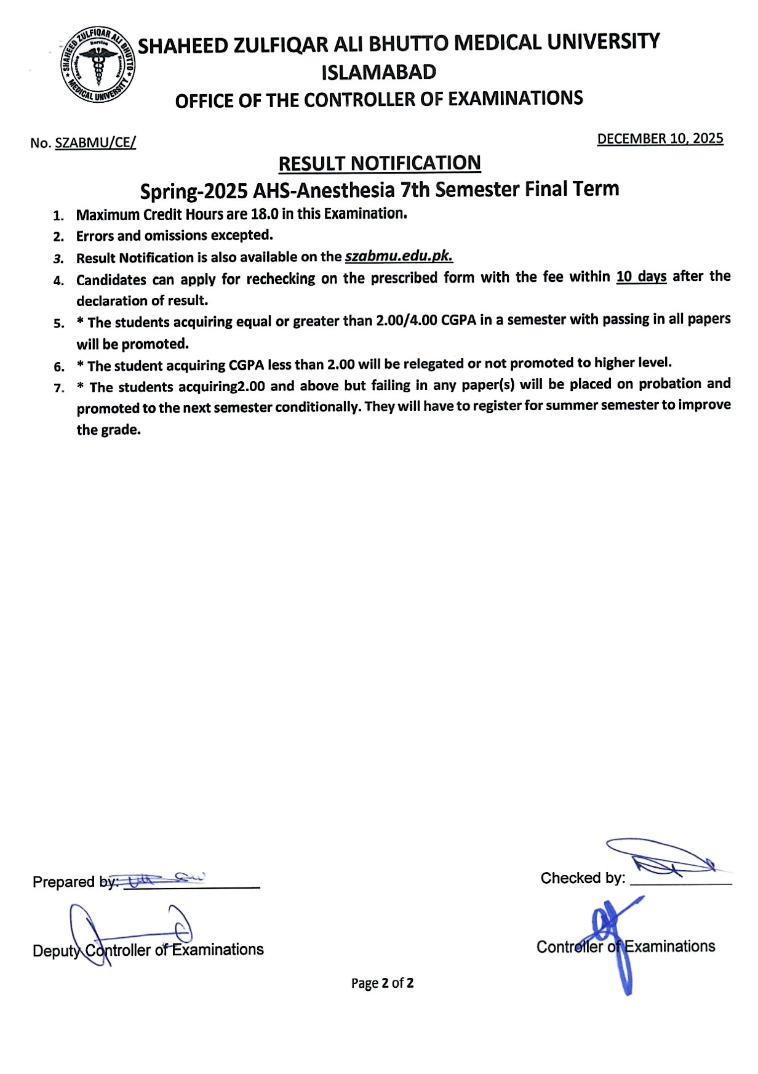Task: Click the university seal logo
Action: [x=98, y=64]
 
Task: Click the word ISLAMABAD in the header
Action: [x=379, y=72]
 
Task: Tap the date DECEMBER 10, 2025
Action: [x=660, y=139]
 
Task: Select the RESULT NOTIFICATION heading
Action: [x=380, y=164]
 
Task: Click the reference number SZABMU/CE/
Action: [x=95, y=143]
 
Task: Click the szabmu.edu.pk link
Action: [x=399, y=256]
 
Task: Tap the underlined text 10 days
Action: [x=641, y=277]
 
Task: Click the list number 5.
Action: [x=59, y=323]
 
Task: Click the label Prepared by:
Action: [x=76, y=882]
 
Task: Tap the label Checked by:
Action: [x=583, y=878]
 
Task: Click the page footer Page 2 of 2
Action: [x=382, y=983]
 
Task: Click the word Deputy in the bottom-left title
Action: [x=57, y=951]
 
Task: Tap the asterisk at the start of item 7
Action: [x=81, y=387]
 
